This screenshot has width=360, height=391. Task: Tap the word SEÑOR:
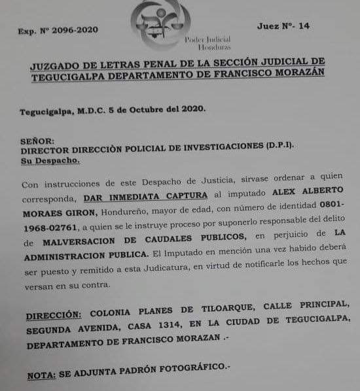click(x=37, y=140)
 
